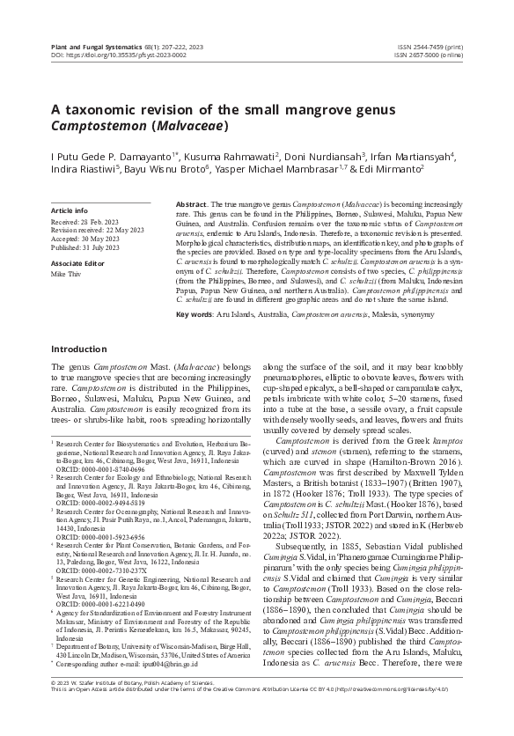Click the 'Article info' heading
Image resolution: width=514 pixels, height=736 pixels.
(x=70, y=211)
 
